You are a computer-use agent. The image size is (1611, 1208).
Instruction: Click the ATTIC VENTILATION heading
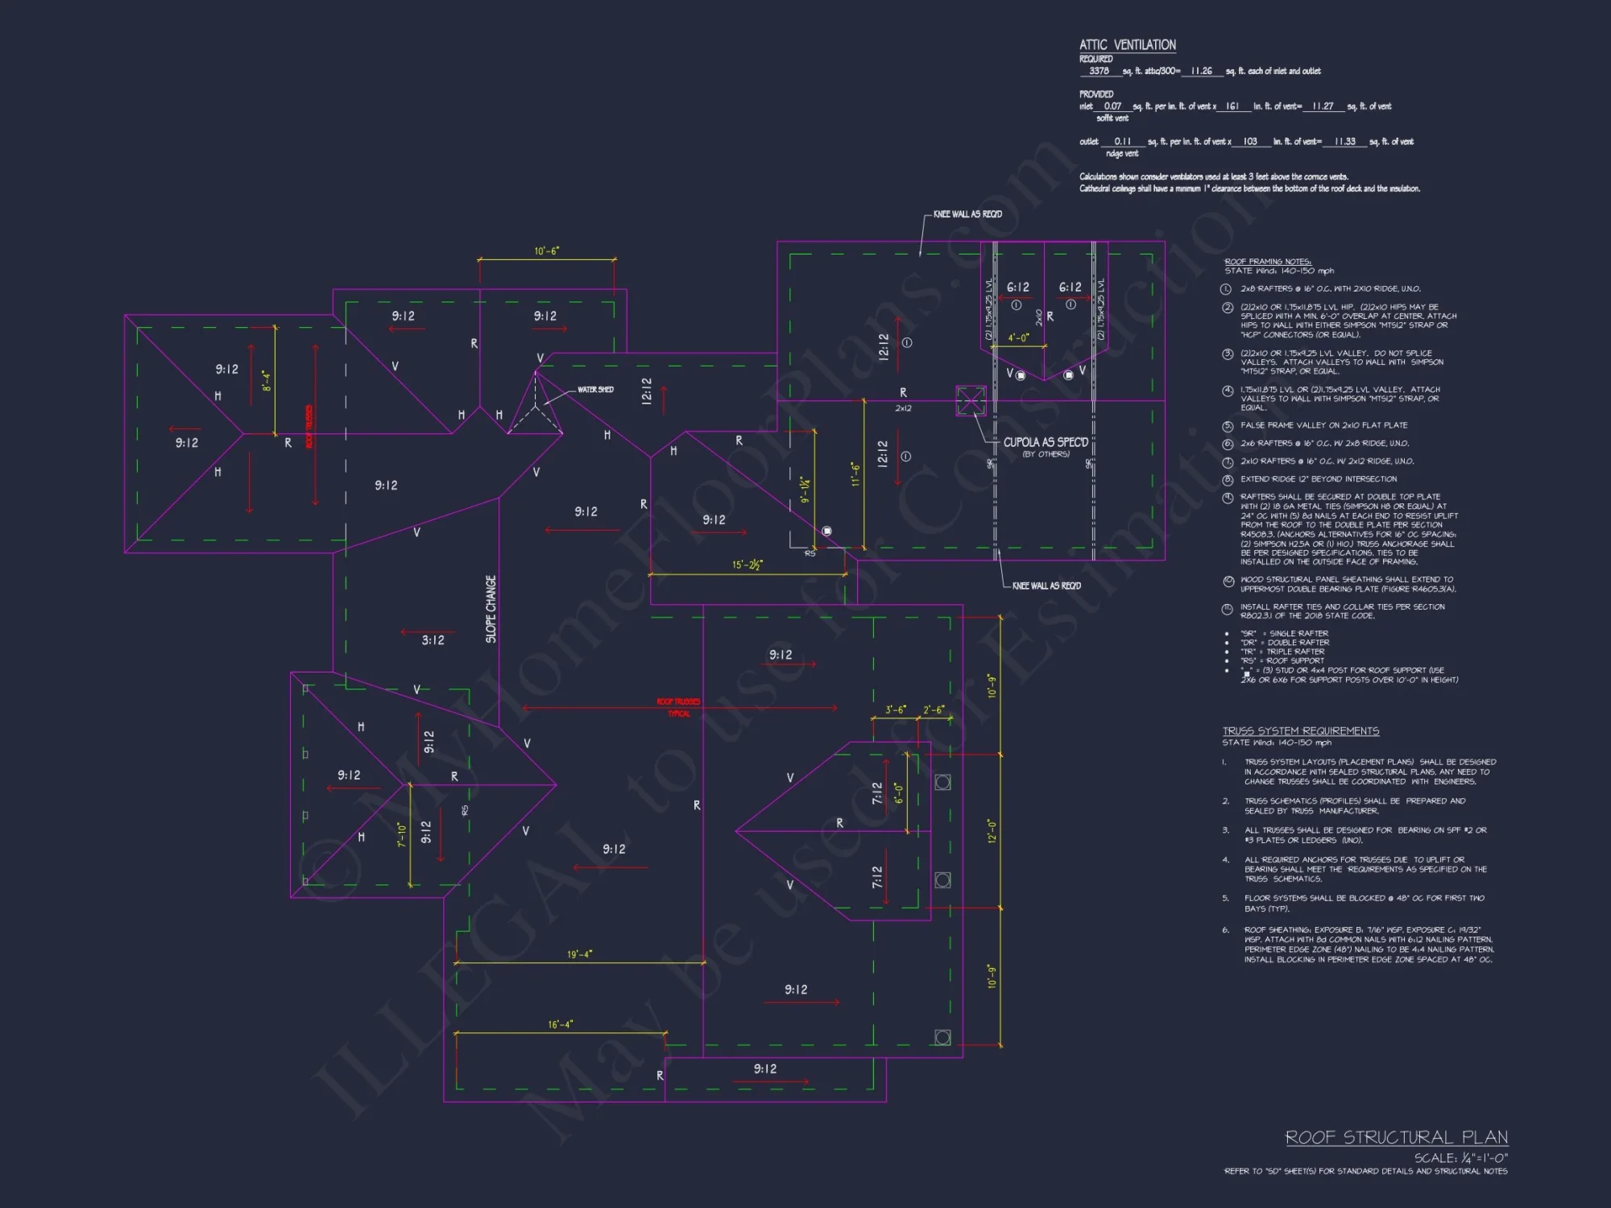(x=1127, y=45)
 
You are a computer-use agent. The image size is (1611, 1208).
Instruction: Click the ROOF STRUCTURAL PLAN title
(x=1396, y=1137)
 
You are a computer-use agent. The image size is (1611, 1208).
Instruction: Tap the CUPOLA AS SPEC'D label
(x=1045, y=442)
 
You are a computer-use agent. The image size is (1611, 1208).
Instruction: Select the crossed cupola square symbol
(x=971, y=400)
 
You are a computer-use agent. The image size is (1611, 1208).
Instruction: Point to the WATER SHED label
(x=595, y=390)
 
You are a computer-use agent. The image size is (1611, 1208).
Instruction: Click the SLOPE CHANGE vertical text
(x=491, y=609)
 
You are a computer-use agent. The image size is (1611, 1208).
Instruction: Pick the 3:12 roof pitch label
(x=433, y=640)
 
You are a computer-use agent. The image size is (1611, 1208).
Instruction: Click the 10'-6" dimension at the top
(x=546, y=251)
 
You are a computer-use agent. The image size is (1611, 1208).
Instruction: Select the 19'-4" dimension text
(x=579, y=954)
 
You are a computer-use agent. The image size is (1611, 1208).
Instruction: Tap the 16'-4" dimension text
(x=560, y=1024)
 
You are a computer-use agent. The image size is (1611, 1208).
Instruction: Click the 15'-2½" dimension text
(x=748, y=565)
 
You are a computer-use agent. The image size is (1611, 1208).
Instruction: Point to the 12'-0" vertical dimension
(x=992, y=831)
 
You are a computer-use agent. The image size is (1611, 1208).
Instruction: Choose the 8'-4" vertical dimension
(x=267, y=381)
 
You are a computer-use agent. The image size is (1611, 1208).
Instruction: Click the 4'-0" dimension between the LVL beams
(x=1018, y=338)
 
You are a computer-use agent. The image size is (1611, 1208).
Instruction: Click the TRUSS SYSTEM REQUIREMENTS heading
(x=1300, y=731)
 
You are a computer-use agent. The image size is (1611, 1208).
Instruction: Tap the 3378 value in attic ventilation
(x=1099, y=71)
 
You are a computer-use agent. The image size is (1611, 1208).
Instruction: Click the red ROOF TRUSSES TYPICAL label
(x=678, y=707)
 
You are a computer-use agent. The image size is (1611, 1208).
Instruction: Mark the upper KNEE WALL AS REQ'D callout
(x=967, y=214)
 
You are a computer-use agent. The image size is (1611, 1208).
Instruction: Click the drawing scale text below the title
(x=1460, y=1158)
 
